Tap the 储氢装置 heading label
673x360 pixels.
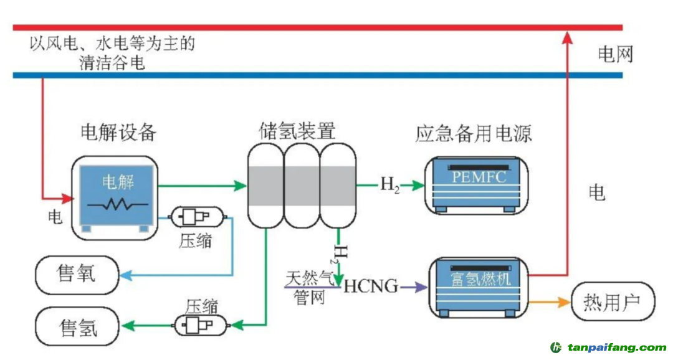(x=297, y=131)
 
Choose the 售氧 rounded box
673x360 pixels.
(x=77, y=274)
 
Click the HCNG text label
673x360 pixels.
(x=371, y=287)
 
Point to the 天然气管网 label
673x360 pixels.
(x=310, y=287)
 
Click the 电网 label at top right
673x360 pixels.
(x=615, y=54)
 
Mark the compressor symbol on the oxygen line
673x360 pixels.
(x=195, y=217)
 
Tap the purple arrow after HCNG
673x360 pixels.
(x=414, y=287)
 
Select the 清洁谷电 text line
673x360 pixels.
(x=112, y=62)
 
